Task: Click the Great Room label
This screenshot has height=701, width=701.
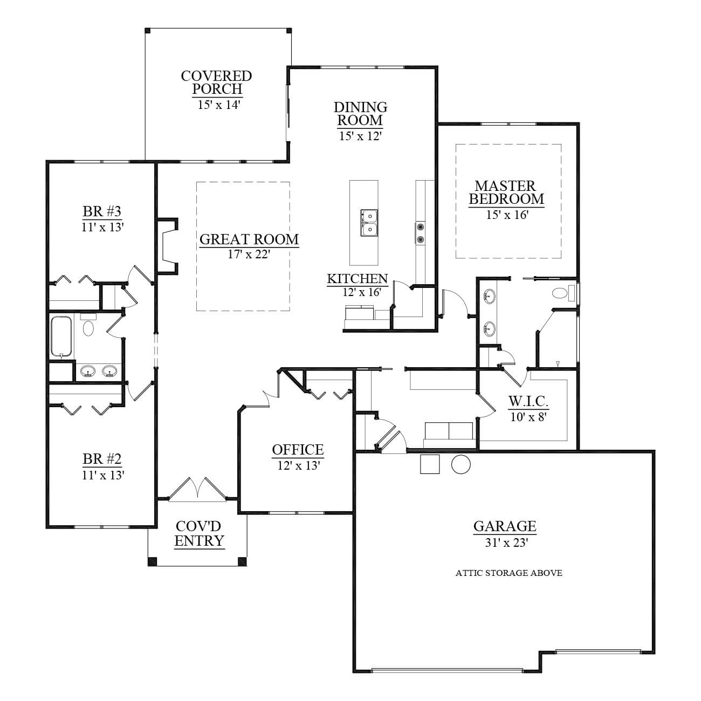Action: [x=249, y=239]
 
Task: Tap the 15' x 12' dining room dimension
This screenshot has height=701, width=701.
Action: [x=360, y=136]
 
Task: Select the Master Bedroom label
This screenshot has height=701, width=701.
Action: [x=506, y=193]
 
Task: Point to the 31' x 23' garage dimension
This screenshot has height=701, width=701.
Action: [x=506, y=543]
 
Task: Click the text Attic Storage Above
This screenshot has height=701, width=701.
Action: [x=509, y=573]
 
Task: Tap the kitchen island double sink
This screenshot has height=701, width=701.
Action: [x=369, y=223]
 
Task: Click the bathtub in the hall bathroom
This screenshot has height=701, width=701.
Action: [x=61, y=336]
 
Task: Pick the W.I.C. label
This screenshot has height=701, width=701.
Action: [x=528, y=401]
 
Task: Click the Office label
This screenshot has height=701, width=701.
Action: [x=298, y=450]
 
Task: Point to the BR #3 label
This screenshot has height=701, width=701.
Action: [x=102, y=211]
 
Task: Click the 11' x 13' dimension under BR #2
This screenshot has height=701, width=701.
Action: [x=103, y=475]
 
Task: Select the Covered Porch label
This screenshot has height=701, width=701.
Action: [x=217, y=82]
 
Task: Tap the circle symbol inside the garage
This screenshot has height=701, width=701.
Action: [x=461, y=464]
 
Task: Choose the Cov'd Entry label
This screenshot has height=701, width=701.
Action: [x=199, y=534]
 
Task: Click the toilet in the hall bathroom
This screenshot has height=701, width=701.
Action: [x=88, y=325]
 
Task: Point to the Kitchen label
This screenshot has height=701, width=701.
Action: [x=357, y=279]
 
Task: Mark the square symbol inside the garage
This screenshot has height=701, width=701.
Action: [x=430, y=464]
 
